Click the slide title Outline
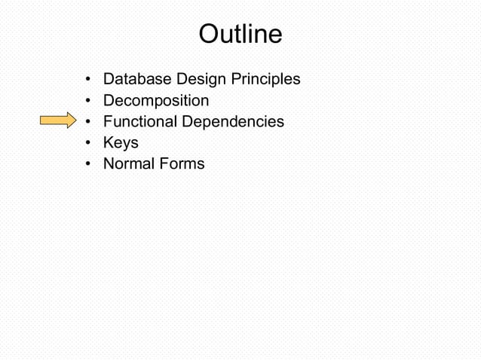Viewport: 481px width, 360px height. click(x=240, y=34)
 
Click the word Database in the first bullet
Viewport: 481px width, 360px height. click(x=136, y=79)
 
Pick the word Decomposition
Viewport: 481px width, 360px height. click(x=156, y=100)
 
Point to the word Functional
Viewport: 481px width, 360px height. click(x=139, y=121)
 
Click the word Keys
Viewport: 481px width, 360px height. click(x=121, y=142)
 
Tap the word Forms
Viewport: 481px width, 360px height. click(x=182, y=163)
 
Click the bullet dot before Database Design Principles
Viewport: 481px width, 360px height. click(x=89, y=80)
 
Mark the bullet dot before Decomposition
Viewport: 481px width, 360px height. click(x=89, y=101)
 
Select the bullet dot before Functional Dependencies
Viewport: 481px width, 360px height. click(x=89, y=122)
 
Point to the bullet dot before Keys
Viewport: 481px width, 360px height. click(x=89, y=143)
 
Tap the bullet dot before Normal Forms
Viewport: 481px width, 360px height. click(x=89, y=164)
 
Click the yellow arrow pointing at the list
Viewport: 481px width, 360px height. click(x=57, y=121)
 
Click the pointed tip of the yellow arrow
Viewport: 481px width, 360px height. click(x=75, y=121)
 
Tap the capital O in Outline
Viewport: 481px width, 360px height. click(x=207, y=34)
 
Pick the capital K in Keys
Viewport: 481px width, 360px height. click(x=108, y=142)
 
